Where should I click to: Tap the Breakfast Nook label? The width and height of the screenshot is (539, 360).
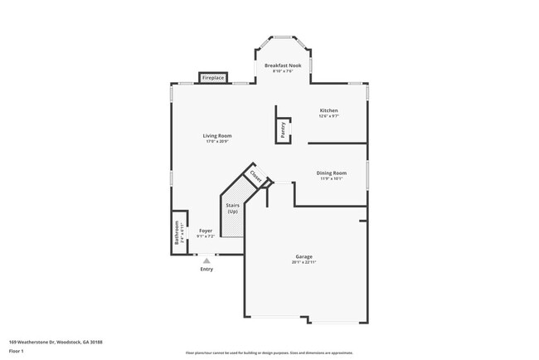click(x=283, y=65)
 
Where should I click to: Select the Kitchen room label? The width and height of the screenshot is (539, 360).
click(x=329, y=110)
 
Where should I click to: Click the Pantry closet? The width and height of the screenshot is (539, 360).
click(x=283, y=128)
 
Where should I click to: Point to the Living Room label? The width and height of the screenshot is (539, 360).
click(x=217, y=135)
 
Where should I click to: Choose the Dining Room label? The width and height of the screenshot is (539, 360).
click(x=332, y=173)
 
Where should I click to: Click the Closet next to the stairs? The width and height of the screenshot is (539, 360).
click(x=255, y=177)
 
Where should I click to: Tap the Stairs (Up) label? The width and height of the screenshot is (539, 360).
click(x=232, y=207)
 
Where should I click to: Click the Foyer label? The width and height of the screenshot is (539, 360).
click(x=206, y=231)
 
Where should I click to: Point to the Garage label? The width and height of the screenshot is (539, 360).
click(x=303, y=256)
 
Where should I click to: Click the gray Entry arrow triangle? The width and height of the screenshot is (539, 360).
click(x=206, y=260)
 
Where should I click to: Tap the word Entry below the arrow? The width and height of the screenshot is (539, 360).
click(x=206, y=269)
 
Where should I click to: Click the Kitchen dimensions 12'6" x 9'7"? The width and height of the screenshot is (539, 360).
click(x=329, y=116)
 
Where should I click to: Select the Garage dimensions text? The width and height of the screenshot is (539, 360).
click(x=303, y=262)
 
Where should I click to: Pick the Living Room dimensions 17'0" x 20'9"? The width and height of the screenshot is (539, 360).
click(x=217, y=141)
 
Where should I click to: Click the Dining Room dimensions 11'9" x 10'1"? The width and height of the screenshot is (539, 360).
click(x=332, y=178)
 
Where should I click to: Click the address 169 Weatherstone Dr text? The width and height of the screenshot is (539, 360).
click(x=50, y=341)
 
